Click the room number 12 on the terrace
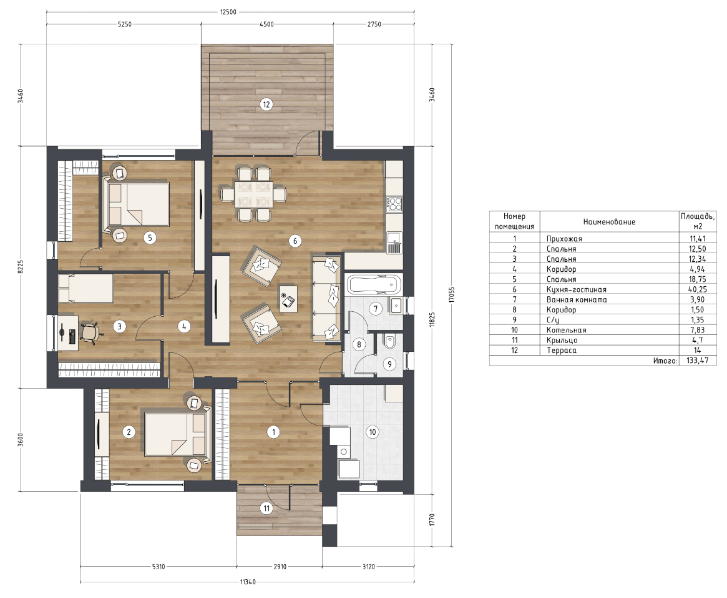tap(266, 104)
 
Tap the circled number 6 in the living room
tap(295, 241)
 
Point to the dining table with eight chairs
tap(253, 194)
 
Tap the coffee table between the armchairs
tap(288, 299)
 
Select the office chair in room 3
tap(90, 332)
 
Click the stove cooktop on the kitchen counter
tap(394, 203)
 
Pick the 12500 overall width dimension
tap(228, 12)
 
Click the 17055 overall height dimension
tap(452, 295)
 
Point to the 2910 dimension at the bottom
tap(280, 566)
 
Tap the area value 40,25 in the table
tap(697, 289)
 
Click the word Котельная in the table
tap(566, 330)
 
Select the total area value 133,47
tap(697, 361)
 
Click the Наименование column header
tap(609, 222)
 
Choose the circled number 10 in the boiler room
tap(373, 432)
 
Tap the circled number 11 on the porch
tap(266, 509)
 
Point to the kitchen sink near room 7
tap(394, 242)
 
